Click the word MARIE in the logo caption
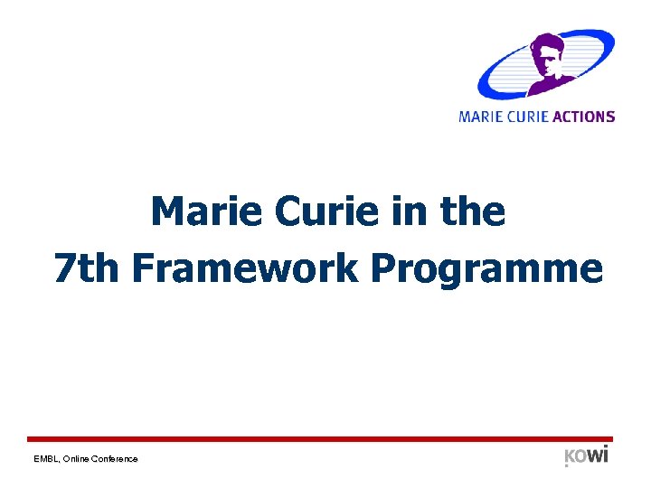479,117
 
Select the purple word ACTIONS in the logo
584,117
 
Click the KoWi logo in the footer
586,455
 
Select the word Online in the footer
79,459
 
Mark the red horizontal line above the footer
325,438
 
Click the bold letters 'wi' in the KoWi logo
598,454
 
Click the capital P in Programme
386,268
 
